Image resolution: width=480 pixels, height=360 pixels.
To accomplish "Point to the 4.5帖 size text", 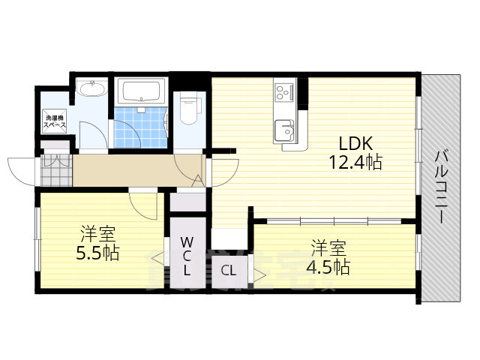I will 328,265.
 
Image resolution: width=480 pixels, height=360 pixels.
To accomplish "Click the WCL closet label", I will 187,256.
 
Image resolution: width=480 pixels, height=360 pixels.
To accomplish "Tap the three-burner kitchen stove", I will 283,93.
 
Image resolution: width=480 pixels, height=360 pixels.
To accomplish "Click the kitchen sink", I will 284,128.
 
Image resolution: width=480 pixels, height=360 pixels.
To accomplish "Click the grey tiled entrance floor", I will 54,172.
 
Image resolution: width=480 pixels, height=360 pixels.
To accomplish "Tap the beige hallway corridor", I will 135,171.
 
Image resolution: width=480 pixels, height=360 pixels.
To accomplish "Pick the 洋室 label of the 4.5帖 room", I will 328,247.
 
